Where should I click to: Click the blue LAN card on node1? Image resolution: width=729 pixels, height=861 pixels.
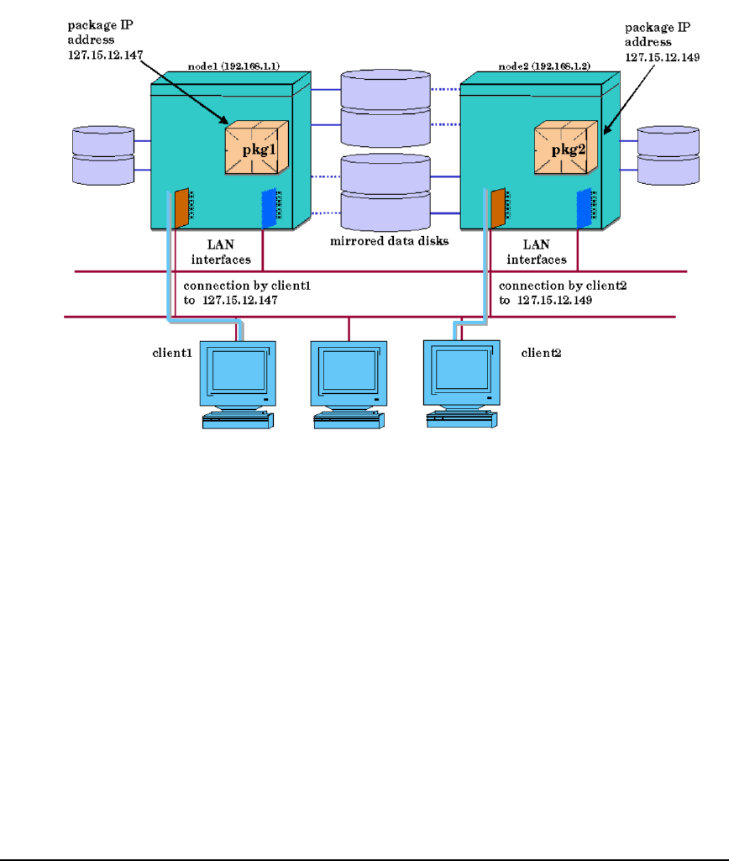pos(269,208)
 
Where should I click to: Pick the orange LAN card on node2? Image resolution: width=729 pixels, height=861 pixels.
pos(497,208)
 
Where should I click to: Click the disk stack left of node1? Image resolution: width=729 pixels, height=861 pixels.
pos(103,155)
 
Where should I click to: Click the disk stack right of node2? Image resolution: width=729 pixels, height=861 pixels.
pos(668,155)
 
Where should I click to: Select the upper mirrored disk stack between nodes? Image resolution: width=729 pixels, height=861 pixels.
pos(385,107)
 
